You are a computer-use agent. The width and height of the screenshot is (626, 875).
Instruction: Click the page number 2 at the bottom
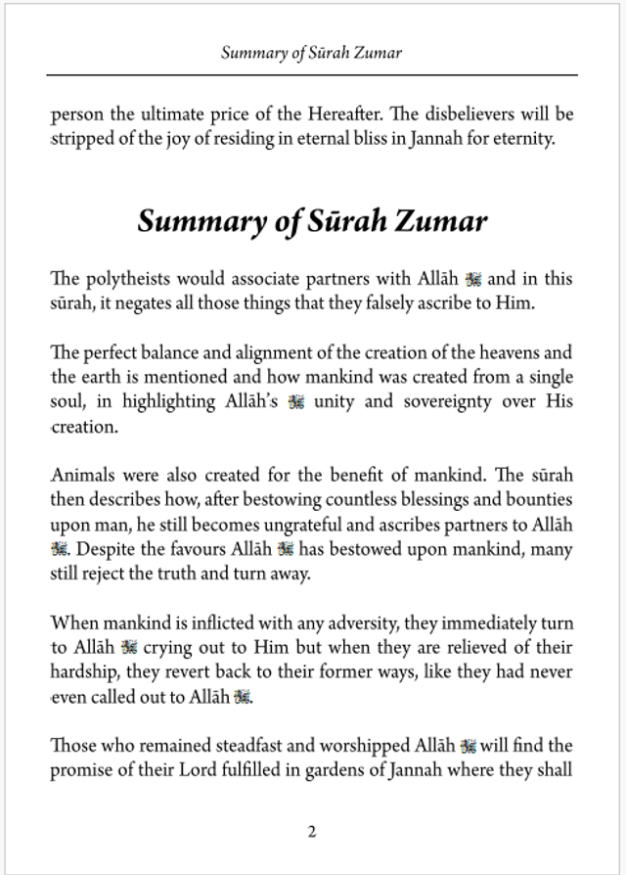pyautogui.click(x=311, y=832)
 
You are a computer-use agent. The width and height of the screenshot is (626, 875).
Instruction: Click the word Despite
pyautogui.click(x=106, y=550)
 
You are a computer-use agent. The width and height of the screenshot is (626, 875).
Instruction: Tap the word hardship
pyautogui.click(x=85, y=671)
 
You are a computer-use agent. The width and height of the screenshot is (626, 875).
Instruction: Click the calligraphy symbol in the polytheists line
pyautogui.click(x=474, y=280)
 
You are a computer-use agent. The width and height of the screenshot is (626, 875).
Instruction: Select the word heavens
pyautogui.click(x=511, y=352)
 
